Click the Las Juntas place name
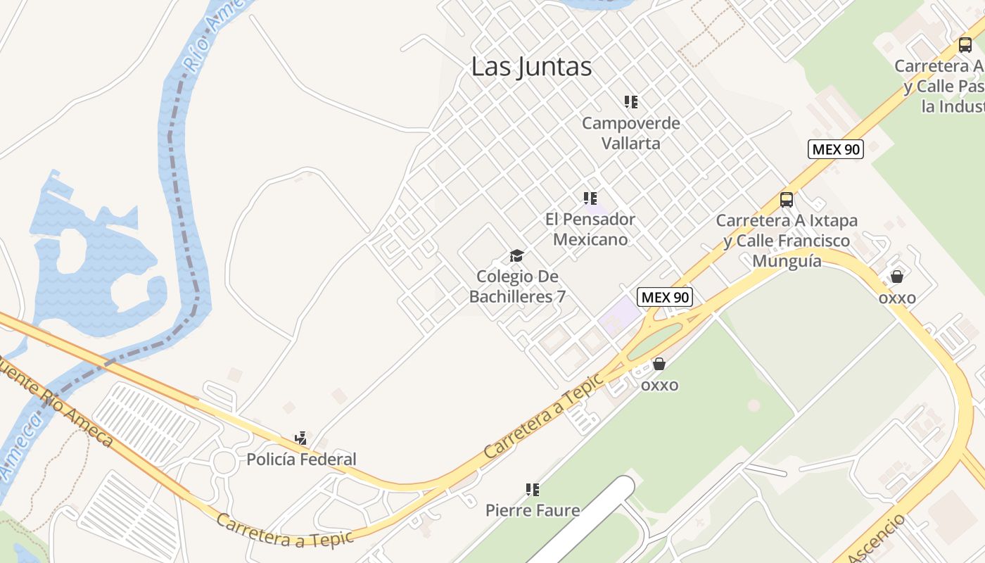pyautogui.click(x=531, y=67)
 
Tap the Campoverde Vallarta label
pyautogui.click(x=631, y=133)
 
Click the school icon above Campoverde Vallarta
pyautogui.click(x=631, y=102)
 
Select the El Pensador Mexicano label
pyautogui.click(x=590, y=229)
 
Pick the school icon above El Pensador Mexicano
pyautogui.click(x=590, y=198)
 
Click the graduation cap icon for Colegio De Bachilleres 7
pyautogui.click(x=517, y=255)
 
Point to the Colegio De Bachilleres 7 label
pyautogui.click(x=517, y=286)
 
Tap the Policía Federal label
pyautogui.click(x=301, y=460)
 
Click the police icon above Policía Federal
pyautogui.click(x=301, y=438)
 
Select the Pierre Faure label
pyautogui.click(x=533, y=510)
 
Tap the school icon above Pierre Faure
pyautogui.click(x=533, y=489)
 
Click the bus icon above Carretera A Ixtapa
pyautogui.click(x=787, y=200)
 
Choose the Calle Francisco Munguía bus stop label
pyautogui.click(x=787, y=241)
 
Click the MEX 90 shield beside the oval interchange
pyautogui.click(x=665, y=297)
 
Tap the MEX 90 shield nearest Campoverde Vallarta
pyautogui.click(x=835, y=149)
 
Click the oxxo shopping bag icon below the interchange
pyautogui.click(x=659, y=364)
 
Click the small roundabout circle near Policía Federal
pyautogui.click(x=224, y=462)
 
